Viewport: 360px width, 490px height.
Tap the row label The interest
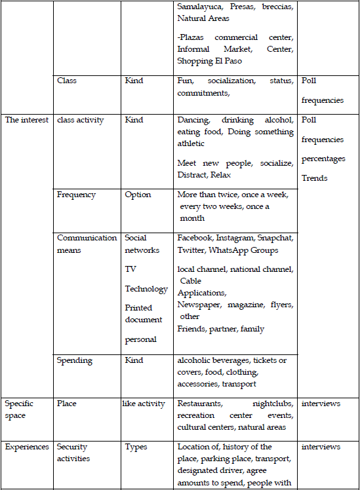tap(26, 120)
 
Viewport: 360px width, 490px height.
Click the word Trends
tap(315, 178)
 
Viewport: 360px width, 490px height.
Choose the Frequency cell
tap(76, 195)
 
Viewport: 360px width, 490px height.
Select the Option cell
tap(138, 195)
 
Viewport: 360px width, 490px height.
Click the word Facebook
tap(194, 238)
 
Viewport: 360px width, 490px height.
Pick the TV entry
tap(130, 269)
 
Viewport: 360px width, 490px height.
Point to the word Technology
tap(146, 289)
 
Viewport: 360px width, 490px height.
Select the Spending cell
tap(75, 360)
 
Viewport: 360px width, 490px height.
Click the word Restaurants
tap(200, 404)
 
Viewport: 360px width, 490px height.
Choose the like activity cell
tap(144, 404)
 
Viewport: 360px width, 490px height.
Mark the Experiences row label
tap(27, 447)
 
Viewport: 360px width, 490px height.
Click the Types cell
tap(136, 447)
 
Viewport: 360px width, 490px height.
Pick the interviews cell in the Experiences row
tap(321, 447)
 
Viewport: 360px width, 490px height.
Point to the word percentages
tap(324, 159)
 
